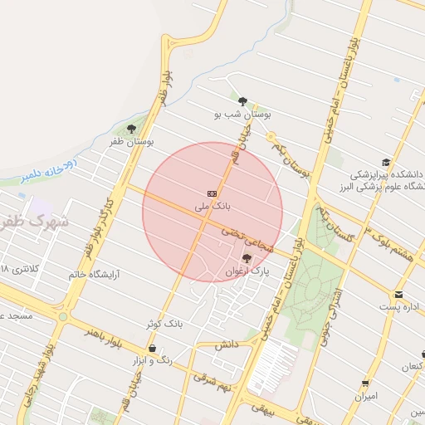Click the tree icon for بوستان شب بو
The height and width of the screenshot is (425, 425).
(242, 101)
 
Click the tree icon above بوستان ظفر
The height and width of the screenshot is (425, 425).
(131, 129)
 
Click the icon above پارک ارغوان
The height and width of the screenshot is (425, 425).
(247, 258)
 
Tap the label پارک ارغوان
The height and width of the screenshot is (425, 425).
(247, 271)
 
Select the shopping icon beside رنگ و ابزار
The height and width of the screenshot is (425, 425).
(152, 348)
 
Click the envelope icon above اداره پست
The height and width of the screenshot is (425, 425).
(399, 294)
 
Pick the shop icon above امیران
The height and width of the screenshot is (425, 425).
(366, 383)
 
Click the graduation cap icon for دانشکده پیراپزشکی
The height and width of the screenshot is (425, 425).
(386, 162)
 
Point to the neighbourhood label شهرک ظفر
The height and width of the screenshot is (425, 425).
(35, 222)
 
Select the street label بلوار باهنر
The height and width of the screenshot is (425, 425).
(103, 335)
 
